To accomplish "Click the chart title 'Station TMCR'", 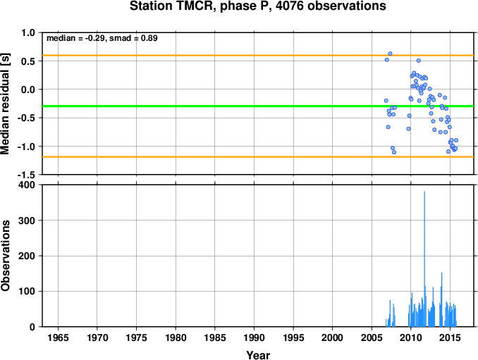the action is tap(170, 6).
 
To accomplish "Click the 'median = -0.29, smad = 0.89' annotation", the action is tap(102, 38).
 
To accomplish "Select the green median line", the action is tap(258, 106).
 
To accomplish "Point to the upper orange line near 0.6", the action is tap(258, 55).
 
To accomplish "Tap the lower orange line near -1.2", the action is tap(258, 157).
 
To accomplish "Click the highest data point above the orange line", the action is tap(390, 54).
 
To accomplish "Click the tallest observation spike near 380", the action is tap(424, 259).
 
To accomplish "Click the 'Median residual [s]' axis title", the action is tap(5, 104).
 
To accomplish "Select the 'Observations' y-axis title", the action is tap(5, 256).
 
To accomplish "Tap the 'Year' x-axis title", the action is tap(258, 355).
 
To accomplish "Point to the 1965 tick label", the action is tap(58, 337).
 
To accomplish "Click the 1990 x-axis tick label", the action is tap(254, 337).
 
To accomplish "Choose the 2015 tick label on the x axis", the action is tap(450, 337).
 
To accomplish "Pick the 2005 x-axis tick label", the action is tap(372, 337).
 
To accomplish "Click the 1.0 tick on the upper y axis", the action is tap(28, 32).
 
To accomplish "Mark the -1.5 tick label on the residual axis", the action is tap(26, 175).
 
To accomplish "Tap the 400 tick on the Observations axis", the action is tap(27, 185).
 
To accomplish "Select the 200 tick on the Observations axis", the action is tap(27, 256).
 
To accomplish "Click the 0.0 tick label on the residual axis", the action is tap(28, 89).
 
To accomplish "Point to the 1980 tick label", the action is tap(176, 337).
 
